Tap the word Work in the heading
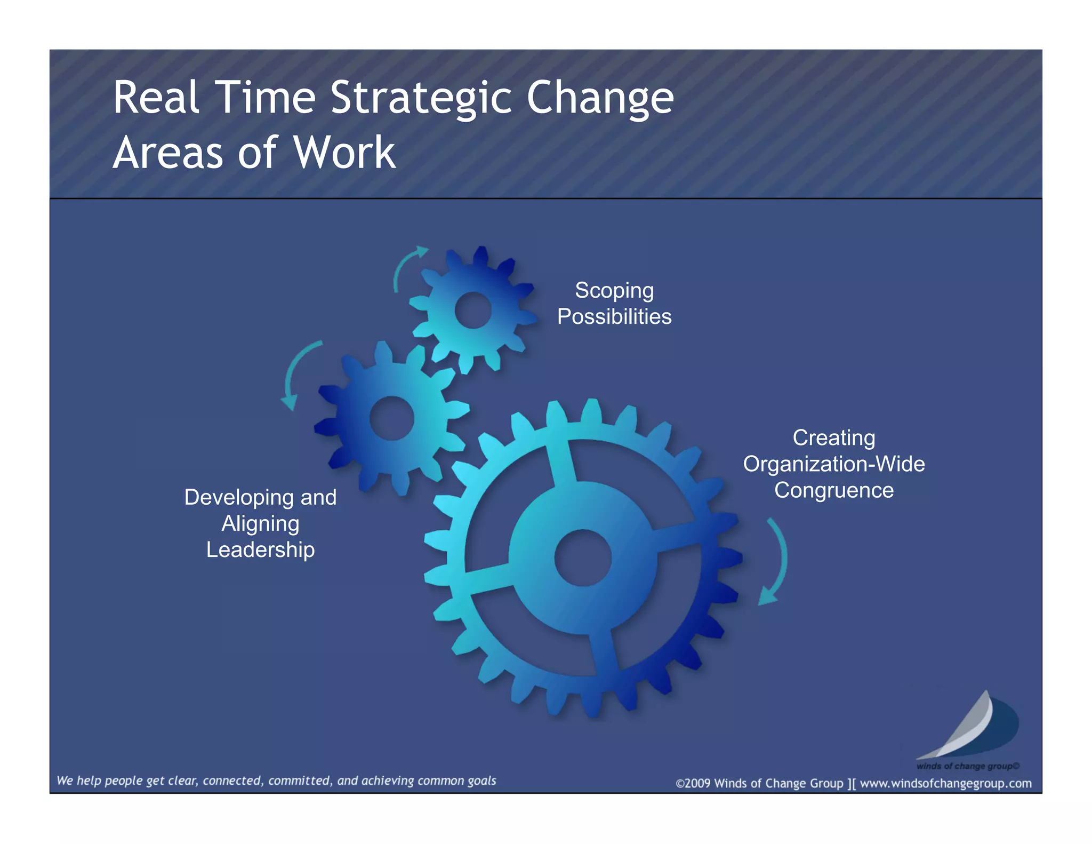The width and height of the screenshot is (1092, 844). [x=344, y=153]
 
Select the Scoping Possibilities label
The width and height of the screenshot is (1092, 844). [x=614, y=303]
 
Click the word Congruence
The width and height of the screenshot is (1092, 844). [x=833, y=490]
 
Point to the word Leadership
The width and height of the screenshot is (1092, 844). [x=260, y=550]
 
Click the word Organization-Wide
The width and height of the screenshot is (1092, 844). [x=833, y=464]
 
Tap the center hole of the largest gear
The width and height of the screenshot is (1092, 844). [x=583, y=558]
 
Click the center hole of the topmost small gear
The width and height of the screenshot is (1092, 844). [x=472, y=310]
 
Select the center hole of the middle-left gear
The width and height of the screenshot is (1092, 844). [x=392, y=418]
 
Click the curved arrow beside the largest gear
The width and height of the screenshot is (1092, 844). [x=776, y=560]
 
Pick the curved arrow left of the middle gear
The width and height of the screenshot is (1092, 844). [x=296, y=373]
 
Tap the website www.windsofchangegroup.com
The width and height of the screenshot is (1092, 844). [x=945, y=783]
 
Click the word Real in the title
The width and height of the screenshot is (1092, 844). [x=156, y=98]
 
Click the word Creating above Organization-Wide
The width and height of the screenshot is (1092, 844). [x=833, y=437]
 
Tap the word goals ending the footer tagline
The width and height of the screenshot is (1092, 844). [x=481, y=781]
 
